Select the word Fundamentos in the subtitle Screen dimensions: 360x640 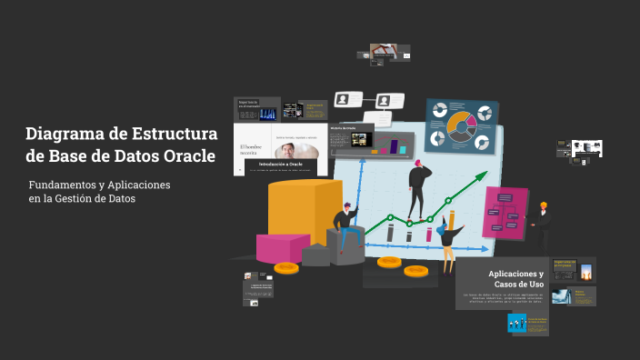63,185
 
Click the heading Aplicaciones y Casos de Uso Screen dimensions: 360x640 515,279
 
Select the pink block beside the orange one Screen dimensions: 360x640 282,247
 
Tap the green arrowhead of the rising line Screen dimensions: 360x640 482,179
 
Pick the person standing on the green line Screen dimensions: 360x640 419,188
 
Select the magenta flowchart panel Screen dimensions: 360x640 505,211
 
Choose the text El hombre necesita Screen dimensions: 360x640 250,150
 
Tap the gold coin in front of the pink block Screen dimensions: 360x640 286,268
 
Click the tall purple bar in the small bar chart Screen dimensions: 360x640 395,146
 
